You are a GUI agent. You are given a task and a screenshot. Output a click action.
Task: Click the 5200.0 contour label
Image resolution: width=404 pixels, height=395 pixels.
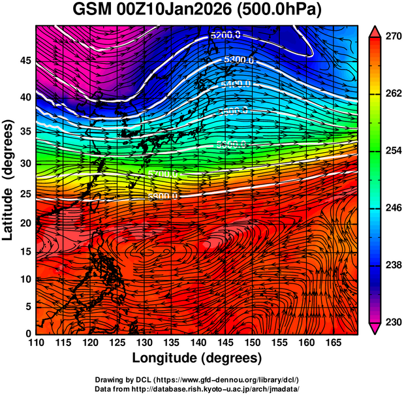click(226, 35)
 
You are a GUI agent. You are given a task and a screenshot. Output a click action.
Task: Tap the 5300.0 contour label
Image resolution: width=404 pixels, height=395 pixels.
click(238, 60)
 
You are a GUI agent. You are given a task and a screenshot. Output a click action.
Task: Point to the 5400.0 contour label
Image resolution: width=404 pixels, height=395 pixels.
click(236, 84)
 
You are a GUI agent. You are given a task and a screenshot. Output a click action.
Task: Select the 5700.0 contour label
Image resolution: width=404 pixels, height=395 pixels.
click(163, 174)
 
